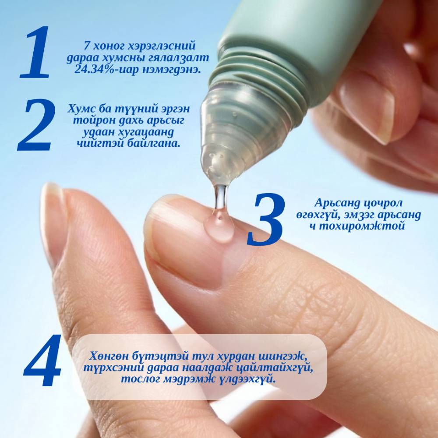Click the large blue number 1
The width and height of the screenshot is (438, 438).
(35, 52)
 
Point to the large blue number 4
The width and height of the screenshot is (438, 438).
(42, 360)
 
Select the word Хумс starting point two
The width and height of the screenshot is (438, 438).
(81, 108)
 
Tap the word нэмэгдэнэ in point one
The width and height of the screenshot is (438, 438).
(172, 69)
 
